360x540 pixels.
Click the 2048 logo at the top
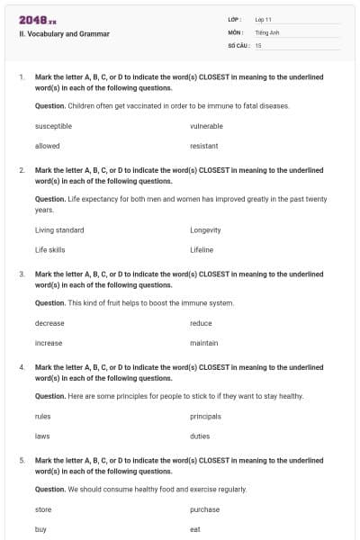pyautogui.click(x=37, y=19)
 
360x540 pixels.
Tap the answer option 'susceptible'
pyautogui.click(x=53, y=126)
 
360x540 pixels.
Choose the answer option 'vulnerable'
pyautogui.click(x=206, y=126)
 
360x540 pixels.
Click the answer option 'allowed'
pyautogui.click(x=47, y=146)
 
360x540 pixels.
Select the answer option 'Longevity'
pyautogui.click(x=205, y=230)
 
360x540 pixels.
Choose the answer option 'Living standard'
pyautogui.click(x=59, y=230)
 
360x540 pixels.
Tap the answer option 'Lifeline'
pyautogui.click(x=202, y=250)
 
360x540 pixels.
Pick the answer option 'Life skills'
pyautogui.click(x=49, y=250)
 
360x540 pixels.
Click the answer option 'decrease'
pyautogui.click(x=49, y=323)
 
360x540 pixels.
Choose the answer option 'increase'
pyautogui.click(x=49, y=343)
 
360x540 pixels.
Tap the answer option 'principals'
pyautogui.click(x=205, y=417)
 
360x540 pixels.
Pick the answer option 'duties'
pyautogui.click(x=200, y=436)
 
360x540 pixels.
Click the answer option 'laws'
pyautogui.click(x=42, y=436)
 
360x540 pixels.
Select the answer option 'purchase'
pyautogui.click(x=204, y=509)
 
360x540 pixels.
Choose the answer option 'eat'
pyautogui.click(x=194, y=529)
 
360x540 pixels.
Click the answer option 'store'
pyautogui.click(x=43, y=509)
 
